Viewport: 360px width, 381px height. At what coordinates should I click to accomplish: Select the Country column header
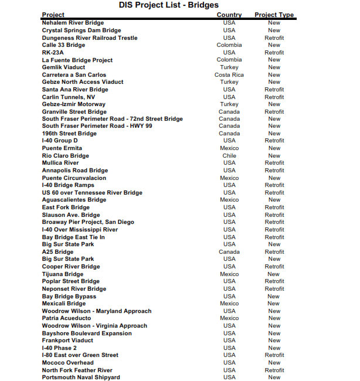point(229,15)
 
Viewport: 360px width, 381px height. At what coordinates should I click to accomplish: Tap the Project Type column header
point(274,15)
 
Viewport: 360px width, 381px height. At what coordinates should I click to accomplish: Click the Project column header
point(53,15)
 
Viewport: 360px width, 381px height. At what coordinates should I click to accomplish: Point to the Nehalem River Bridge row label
point(73,23)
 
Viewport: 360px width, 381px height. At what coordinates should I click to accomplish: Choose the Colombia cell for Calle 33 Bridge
point(229,45)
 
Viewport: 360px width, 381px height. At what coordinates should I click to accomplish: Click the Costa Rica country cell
point(229,75)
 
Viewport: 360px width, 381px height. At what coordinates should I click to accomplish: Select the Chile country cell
point(229,156)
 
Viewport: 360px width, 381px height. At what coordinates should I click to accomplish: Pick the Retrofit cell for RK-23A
point(274,53)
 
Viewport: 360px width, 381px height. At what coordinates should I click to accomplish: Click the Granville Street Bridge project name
point(74,112)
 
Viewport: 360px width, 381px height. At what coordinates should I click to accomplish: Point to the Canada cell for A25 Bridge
point(229,252)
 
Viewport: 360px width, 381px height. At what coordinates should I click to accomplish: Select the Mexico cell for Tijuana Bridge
point(229,274)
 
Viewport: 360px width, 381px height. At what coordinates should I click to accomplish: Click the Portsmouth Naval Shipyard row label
point(81,377)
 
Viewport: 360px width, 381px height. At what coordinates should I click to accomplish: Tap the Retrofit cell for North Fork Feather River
point(274,370)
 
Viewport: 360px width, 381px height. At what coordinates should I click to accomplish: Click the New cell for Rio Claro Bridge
point(274,156)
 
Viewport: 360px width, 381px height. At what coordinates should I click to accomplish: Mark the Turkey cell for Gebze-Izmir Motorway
point(229,104)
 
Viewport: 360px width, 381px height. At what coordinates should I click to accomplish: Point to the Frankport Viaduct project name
point(67,341)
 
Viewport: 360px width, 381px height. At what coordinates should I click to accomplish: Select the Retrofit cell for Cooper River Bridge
point(274,267)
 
